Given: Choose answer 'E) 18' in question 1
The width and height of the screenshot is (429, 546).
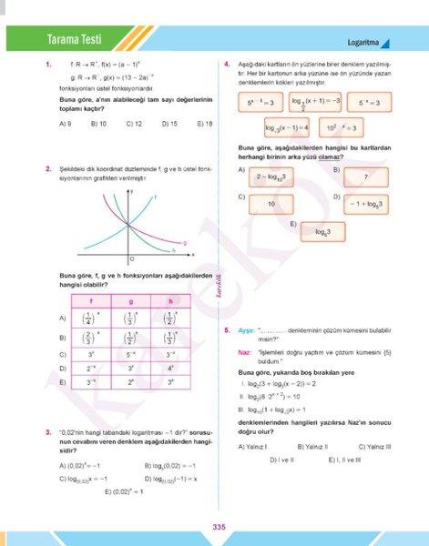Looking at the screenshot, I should pyautogui.click(x=204, y=123).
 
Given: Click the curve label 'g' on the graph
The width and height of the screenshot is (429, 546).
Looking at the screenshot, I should pyautogui.click(x=186, y=243).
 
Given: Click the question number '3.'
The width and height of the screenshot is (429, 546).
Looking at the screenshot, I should pyautogui.click(x=46, y=431).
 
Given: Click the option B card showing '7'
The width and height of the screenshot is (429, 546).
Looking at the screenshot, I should pyautogui.click(x=365, y=177).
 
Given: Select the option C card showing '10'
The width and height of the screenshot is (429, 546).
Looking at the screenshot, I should pyautogui.click(x=271, y=204).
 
